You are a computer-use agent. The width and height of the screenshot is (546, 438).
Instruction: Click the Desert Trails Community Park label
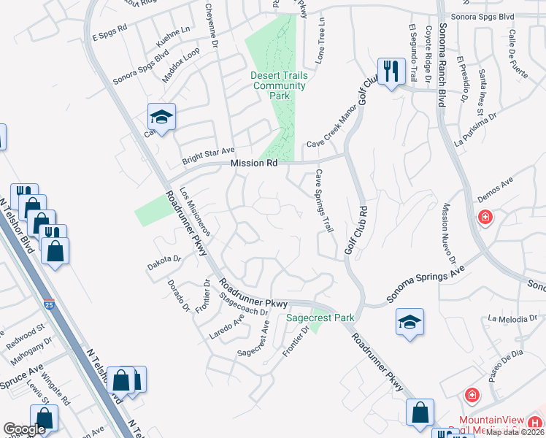(x=279, y=85)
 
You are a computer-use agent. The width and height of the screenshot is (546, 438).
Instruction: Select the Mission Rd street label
(x=254, y=164)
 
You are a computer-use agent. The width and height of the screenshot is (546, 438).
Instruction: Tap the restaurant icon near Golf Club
(x=391, y=72)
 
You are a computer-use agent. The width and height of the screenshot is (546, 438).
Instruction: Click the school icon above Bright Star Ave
(x=161, y=117)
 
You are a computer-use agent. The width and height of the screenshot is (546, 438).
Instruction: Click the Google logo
(x=24, y=429)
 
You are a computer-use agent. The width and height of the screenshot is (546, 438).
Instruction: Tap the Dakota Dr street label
(x=164, y=258)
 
